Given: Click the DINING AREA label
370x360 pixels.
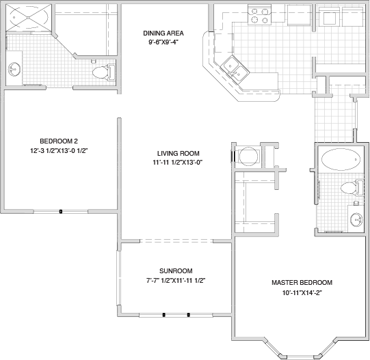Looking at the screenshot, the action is (x=163, y=33).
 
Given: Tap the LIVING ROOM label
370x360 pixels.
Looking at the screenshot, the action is (x=178, y=154).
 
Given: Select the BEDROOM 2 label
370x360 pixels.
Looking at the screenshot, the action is (x=59, y=141).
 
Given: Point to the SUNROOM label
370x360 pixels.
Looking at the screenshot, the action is (x=176, y=271).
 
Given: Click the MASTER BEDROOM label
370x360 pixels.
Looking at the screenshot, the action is (x=302, y=282).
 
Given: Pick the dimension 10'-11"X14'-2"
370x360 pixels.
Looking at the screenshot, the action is (x=302, y=293).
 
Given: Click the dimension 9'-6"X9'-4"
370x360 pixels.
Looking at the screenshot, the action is (x=163, y=42).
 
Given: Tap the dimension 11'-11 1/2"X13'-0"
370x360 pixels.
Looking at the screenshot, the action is (x=178, y=163).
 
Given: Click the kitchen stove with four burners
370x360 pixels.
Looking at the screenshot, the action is (x=260, y=16).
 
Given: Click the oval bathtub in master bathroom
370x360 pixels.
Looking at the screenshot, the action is (x=341, y=159).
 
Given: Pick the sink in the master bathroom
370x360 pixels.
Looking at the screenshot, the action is (x=356, y=220).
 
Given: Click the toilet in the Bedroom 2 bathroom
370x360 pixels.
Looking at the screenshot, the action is (x=103, y=72).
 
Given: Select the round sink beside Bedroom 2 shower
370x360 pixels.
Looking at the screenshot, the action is (x=14, y=69).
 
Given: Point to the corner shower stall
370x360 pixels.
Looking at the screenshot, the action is (x=28, y=17).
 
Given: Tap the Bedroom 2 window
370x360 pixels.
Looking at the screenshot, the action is (x=61, y=212).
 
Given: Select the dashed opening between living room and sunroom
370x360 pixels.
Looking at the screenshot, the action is (x=176, y=240).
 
